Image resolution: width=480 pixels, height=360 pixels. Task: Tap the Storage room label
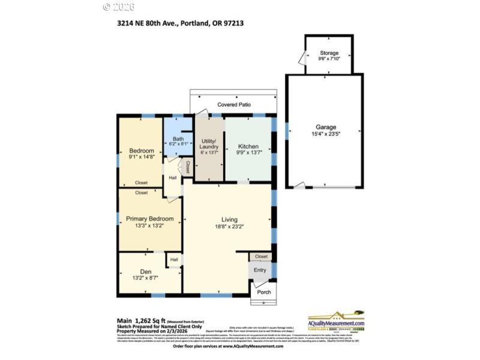[x=328, y=53]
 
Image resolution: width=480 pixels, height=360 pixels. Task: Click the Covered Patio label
[x=233, y=104]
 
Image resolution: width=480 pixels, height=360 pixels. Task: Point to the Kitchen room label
[x=248, y=146]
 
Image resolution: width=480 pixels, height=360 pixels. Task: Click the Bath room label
[x=178, y=139]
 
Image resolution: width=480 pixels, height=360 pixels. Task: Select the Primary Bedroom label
[x=149, y=218]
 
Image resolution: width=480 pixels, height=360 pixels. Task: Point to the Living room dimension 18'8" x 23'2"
[x=233, y=226]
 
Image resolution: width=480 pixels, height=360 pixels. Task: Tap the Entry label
[x=260, y=270]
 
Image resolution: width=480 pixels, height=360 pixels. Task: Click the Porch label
[x=263, y=292]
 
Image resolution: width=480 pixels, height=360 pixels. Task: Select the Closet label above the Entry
[x=261, y=256]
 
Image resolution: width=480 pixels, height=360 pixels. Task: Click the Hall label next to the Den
[x=174, y=259]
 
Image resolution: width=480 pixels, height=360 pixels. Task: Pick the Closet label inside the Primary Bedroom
[x=142, y=193]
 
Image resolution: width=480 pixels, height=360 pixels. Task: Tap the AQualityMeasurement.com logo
[x=336, y=322]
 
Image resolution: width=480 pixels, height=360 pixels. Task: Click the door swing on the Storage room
[x=301, y=58]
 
